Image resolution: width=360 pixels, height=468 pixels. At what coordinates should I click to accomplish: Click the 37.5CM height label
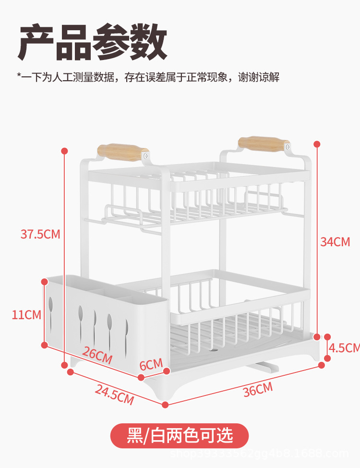pyautogui.click(x=40, y=234)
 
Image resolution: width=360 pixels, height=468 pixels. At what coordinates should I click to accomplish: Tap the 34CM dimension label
pyautogui.click(x=335, y=242)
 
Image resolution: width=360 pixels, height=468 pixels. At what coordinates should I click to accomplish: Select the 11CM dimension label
pyautogui.click(x=26, y=315)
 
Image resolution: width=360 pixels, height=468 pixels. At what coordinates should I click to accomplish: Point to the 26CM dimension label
pyautogui.click(x=97, y=355)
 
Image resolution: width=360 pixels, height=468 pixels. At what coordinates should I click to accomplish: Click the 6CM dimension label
pyautogui.click(x=151, y=365)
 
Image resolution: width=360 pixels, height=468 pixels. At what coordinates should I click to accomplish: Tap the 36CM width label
pyautogui.click(x=257, y=389)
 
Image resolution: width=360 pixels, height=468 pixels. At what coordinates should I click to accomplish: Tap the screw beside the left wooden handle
pyautogui.click(x=146, y=155)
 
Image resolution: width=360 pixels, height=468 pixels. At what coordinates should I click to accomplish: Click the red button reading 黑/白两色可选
pyautogui.click(x=180, y=436)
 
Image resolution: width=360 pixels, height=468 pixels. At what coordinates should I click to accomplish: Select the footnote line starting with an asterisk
pyautogui.click(x=148, y=77)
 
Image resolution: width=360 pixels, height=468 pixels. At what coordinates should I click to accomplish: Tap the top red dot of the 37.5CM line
pyautogui.click(x=65, y=151)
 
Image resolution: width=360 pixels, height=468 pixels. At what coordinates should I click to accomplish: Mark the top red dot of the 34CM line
pyautogui.click(x=317, y=144)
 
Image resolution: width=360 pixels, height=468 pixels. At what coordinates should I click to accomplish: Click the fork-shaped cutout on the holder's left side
pyautogui.click(x=50, y=307)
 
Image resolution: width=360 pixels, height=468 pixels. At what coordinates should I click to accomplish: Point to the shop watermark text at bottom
pyautogui.click(x=259, y=454)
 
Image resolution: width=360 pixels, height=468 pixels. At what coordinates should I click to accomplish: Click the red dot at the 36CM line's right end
pyautogui.click(x=322, y=365)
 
